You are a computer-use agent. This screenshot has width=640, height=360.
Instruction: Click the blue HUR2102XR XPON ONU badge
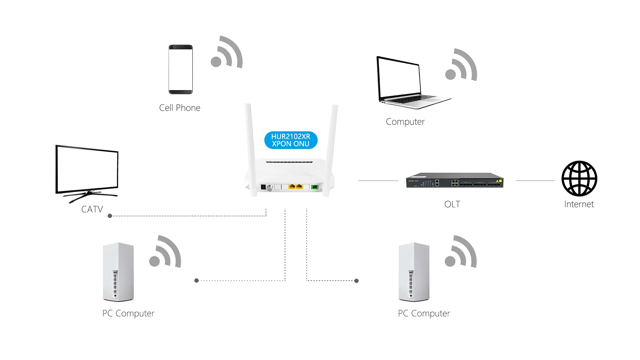click(x=291, y=140)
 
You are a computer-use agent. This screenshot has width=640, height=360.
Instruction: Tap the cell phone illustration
click(x=181, y=69)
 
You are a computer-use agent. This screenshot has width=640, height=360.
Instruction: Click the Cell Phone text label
click(x=180, y=108)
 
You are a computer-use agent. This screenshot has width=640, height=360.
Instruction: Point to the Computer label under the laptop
click(x=405, y=122)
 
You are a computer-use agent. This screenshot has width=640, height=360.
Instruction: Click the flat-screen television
click(x=87, y=173)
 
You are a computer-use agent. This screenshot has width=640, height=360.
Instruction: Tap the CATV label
click(x=92, y=209)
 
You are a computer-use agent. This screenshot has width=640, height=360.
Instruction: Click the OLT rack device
click(x=455, y=180)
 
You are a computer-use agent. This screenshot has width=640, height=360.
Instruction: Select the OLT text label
click(x=452, y=204)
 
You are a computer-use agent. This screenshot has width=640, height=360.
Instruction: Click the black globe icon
click(x=579, y=178)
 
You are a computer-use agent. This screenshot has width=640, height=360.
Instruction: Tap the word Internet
click(x=579, y=204)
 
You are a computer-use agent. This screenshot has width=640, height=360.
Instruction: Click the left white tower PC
click(x=118, y=272)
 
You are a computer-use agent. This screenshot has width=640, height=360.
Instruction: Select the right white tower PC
click(x=414, y=272)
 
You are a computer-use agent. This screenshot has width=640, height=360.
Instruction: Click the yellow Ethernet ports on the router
click(x=295, y=187)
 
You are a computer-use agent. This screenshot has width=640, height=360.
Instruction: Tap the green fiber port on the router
click(x=314, y=187)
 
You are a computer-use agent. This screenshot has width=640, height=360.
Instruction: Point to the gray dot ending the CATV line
click(x=110, y=216)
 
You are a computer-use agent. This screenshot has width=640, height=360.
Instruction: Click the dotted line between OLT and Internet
click(x=535, y=181)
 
